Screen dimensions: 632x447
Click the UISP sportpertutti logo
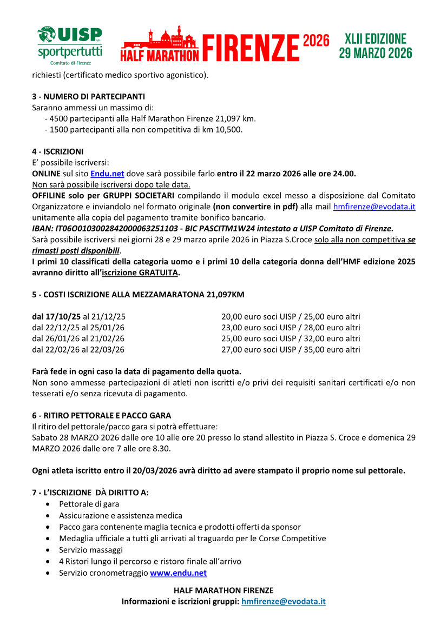click(x=69, y=45)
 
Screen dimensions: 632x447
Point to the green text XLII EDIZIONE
click(x=375, y=39)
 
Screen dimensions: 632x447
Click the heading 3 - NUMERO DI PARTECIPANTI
click(x=88, y=97)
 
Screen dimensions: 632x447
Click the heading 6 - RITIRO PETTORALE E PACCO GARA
click(x=102, y=416)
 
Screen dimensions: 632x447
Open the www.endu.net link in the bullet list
click(x=178, y=573)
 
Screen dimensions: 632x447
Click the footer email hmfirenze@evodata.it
click(x=284, y=601)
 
